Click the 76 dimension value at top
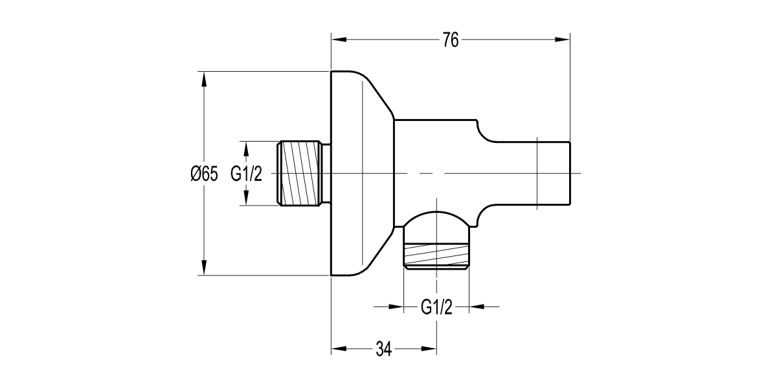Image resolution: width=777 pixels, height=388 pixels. tap(451, 40)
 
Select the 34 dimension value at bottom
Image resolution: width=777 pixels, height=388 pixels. tap(383, 349)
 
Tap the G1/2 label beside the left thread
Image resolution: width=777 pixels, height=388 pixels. tap(246, 174)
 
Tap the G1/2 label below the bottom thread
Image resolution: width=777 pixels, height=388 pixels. tap(436, 307)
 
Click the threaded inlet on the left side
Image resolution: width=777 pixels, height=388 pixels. tap(300, 173)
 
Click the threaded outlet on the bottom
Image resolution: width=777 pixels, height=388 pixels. tap(436, 255)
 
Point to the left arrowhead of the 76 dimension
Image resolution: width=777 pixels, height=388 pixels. tap(338, 40)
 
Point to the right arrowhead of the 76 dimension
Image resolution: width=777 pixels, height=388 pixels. tap(563, 40)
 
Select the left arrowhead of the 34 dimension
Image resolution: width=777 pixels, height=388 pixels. tap(338, 349)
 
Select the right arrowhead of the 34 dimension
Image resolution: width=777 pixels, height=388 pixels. tap(429, 349)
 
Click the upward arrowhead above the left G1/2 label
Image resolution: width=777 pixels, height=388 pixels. tap(246, 148)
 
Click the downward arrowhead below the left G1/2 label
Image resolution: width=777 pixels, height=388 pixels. tap(246, 199)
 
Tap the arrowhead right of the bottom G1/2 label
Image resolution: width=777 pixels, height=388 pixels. tap(476, 307)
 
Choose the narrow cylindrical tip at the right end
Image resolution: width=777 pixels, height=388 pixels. tap(554, 173)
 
